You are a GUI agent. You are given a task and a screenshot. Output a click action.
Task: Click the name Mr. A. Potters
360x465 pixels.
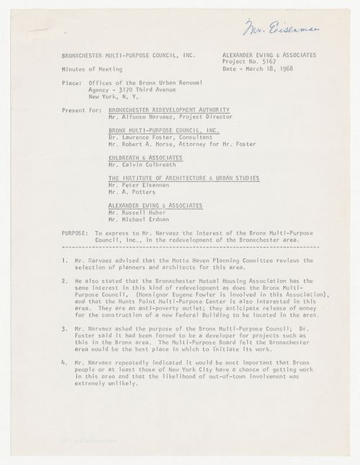(x=123, y=194)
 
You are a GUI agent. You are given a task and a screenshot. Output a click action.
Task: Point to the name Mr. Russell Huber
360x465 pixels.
(x=130, y=212)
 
